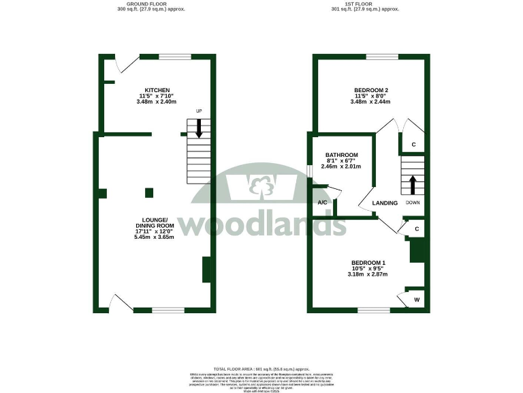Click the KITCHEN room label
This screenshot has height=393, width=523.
[157, 89]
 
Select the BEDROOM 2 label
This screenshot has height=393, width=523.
[370, 90]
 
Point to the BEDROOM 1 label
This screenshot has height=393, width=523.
[368, 263]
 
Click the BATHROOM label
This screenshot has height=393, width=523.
[341, 155]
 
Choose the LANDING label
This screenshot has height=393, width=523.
[384, 203]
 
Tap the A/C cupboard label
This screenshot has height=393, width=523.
[323, 203]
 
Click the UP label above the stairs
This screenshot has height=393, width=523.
[199, 112]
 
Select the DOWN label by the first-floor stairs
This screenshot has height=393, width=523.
[413, 203]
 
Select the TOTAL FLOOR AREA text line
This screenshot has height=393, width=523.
[261, 368]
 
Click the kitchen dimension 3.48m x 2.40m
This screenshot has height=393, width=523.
[157, 102]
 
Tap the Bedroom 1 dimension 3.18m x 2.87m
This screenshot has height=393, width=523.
[368, 274]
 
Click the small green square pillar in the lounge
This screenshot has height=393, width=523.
[150, 192]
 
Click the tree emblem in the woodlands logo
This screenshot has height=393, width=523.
[259, 185]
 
